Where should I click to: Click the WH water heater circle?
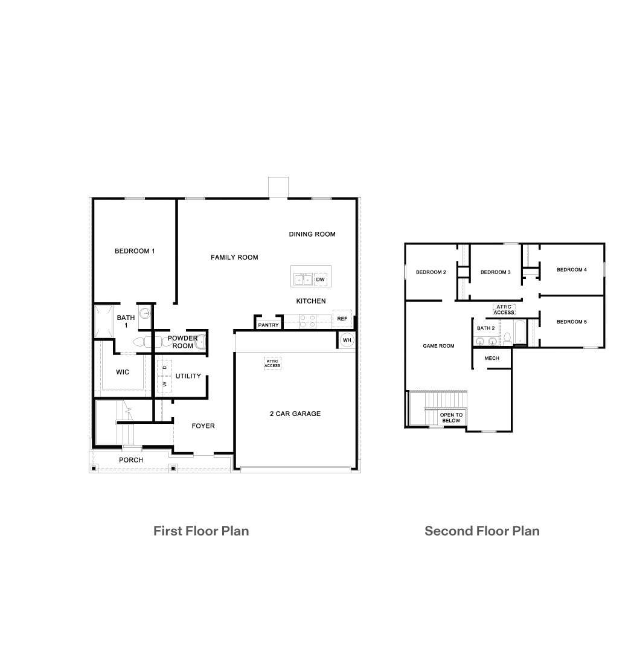[x=347, y=340]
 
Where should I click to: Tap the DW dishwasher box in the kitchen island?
[x=320, y=280]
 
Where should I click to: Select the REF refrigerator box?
[x=342, y=318]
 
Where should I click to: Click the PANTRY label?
[x=268, y=325]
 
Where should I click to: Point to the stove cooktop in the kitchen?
[x=308, y=321]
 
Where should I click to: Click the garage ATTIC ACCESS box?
[x=272, y=363]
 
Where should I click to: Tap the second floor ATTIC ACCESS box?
[x=504, y=309]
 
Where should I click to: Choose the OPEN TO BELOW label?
[x=451, y=418]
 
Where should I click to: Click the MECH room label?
[x=492, y=359]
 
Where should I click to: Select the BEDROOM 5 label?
[x=572, y=322]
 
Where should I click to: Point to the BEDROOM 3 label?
[x=496, y=272]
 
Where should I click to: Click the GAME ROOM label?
[x=439, y=346]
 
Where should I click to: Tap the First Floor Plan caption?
[x=201, y=531]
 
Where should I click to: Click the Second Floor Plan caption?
[x=482, y=531]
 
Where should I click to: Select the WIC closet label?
[x=123, y=372]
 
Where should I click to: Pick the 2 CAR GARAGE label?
[x=295, y=414]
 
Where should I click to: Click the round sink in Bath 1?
[x=144, y=313]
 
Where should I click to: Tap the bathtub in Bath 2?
[x=520, y=332]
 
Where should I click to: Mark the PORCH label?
[x=131, y=460]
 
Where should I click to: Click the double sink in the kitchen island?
[x=303, y=280]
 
